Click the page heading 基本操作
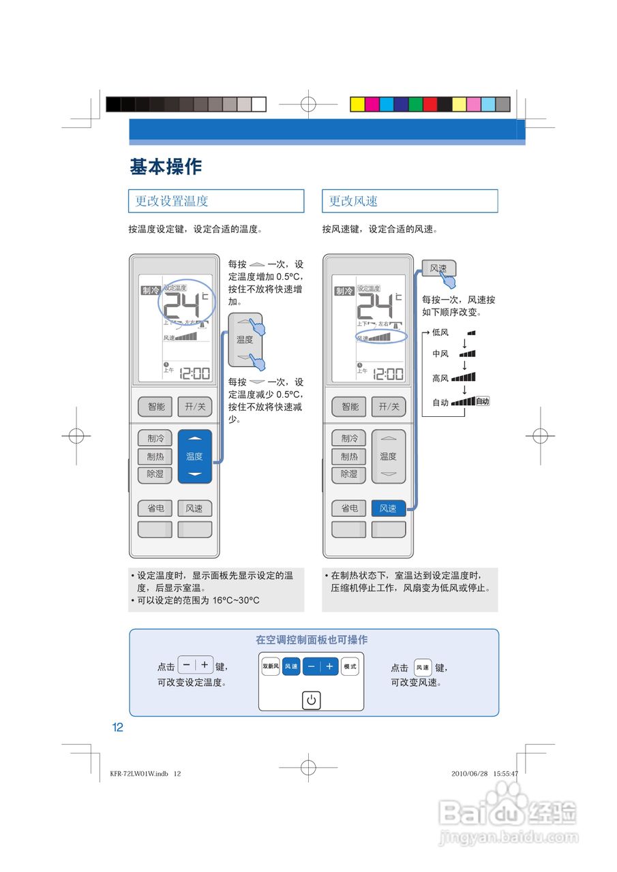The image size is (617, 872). [x=166, y=166]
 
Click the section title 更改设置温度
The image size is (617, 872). [x=172, y=201]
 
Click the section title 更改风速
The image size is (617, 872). [x=353, y=201]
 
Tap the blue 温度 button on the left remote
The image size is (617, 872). [x=195, y=456]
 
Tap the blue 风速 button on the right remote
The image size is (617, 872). [x=388, y=508]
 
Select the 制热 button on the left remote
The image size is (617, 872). [x=155, y=456]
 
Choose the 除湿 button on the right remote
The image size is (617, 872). [x=349, y=474]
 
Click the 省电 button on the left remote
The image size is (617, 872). [x=155, y=508]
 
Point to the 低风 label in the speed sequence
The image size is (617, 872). [x=440, y=332]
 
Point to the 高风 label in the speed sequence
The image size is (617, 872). [x=440, y=378]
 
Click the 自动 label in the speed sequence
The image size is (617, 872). [x=440, y=402]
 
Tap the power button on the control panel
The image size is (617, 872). [x=311, y=700]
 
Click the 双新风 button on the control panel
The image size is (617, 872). [x=271, y=666]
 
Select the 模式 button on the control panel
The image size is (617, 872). [x=350, y=666]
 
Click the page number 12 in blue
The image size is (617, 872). [x=118, y=728]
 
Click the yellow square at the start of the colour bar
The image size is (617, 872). [x=357, y=104]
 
